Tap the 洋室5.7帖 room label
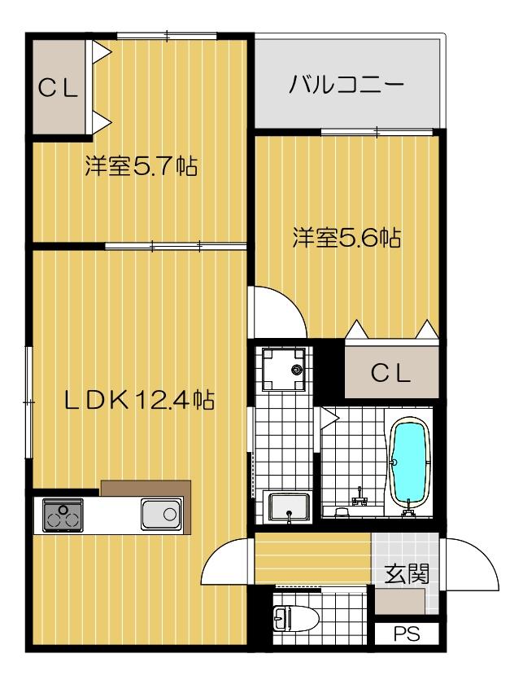tap(140, 167)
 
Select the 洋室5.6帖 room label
tap(347, 238)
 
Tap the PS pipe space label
tap(404, 633)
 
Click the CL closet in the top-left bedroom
tap(59, 88)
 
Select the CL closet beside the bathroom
tap(391, 373)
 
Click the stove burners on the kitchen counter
tap(62, 514)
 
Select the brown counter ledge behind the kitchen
tap(146, 488)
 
